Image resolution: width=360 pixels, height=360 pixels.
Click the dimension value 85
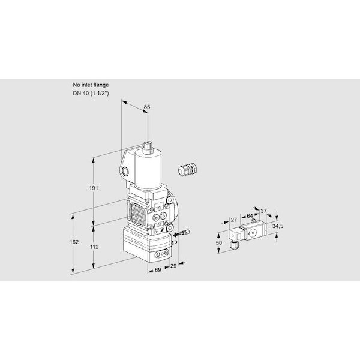pyautogui.click(x=147, y=107)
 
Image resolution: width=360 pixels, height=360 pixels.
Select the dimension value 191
pyautogui.click(x=94, y=188)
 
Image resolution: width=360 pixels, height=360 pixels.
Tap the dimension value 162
pyautogui.click(x=74, y=242)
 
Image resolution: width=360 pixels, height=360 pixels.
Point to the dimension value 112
pyautogui.click(x=94, y=247)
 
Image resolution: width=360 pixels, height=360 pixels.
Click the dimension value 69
pyautogui.click(x=158, y=270)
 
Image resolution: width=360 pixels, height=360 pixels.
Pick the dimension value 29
pyautogui.click(x=173, y=266)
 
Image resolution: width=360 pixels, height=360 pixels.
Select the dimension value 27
pyautogui.click(x=233, y=220)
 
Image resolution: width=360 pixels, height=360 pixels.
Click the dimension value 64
pyautogui.click(x=250, y=216)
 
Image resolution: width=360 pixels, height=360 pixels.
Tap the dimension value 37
pyautogui.click(x=263, y=211)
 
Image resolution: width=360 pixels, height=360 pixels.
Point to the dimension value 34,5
pyautogui.click(x=278, y=226)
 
